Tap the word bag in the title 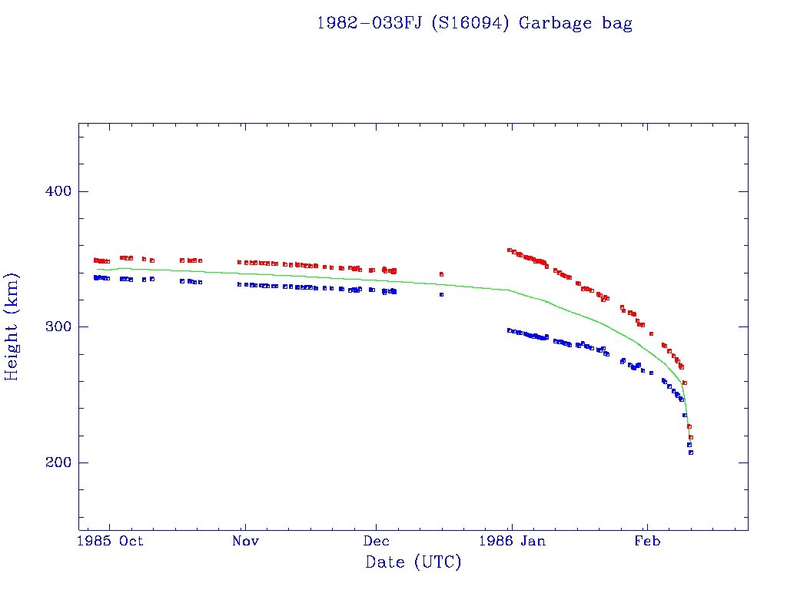[616, 24]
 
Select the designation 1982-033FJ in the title [369, 23]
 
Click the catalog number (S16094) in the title [470, 23]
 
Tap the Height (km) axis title [12, 326]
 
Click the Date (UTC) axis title [413, 562]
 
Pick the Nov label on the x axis [245, 541]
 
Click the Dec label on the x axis [377, 541]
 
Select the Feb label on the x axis [647, 541]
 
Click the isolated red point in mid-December [441, 274]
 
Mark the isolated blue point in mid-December [441, 294]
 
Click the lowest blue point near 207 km [691, 452]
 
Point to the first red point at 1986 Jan [509, 250]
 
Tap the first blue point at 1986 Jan [509, 330]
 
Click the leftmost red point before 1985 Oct [95, 260]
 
